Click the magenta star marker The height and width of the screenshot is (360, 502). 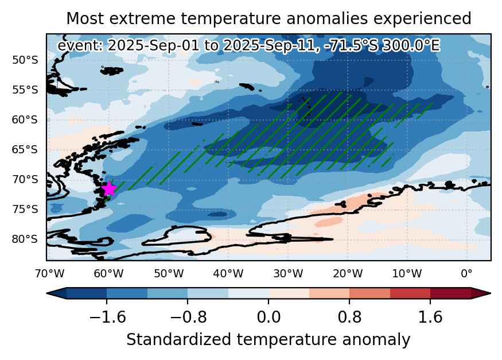coord(110,188)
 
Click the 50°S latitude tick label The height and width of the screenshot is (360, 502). coord(25,60)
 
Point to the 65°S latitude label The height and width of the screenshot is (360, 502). coord(25,150)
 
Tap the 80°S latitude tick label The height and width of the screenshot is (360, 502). coord(25,239)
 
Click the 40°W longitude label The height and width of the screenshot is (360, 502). coord(228,274)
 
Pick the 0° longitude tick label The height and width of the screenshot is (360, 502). coord(467,274)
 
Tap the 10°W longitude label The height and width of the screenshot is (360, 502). coord(407,274)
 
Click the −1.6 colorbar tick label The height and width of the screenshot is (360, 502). coord(108,317)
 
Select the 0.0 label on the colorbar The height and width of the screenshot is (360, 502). coord(268,317)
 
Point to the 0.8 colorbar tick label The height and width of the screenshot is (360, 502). coord(349,317)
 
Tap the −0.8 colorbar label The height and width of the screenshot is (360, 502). coord(188,317)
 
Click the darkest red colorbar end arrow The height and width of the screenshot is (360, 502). coord(481,293)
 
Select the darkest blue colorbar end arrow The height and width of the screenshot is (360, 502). coord(57,293)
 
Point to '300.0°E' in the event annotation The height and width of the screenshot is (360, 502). coord(411,45)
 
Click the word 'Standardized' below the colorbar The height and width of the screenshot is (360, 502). coord(178,339)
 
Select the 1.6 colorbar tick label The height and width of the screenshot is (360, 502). coord(430,317)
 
